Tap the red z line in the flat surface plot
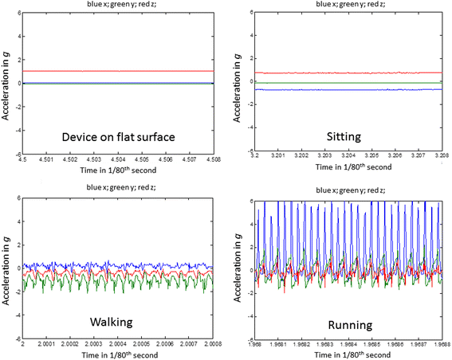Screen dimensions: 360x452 [x=120, y=71]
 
